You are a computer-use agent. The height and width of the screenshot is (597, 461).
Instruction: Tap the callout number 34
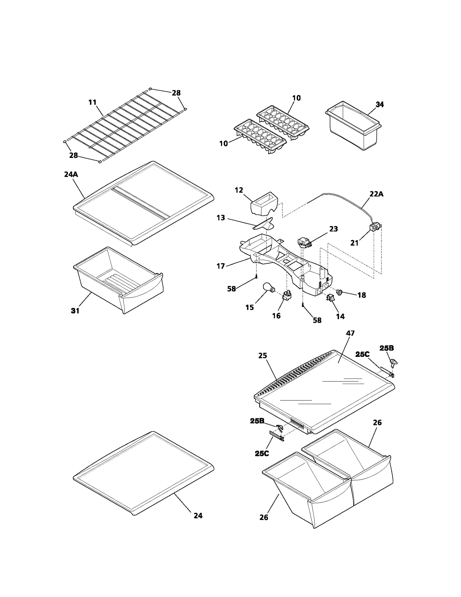380,105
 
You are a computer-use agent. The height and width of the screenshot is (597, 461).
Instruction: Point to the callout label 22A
376,194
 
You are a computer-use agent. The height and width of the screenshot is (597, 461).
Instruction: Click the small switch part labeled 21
375,228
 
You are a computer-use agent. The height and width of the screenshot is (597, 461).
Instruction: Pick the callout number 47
350,333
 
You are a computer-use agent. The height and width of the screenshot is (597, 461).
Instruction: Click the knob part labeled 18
340,293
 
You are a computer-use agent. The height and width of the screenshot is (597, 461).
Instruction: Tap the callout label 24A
71,174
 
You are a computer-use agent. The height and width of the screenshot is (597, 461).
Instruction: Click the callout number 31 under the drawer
75,311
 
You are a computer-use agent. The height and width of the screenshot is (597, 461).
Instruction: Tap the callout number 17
221,266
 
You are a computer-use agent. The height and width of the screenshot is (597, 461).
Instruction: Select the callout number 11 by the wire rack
92,102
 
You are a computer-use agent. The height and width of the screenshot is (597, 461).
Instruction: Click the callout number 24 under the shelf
198,515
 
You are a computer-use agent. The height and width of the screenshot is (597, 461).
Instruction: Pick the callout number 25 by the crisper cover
262,356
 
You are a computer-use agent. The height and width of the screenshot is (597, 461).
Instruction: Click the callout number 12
239,190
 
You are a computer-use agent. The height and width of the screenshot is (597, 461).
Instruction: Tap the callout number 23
333,229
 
